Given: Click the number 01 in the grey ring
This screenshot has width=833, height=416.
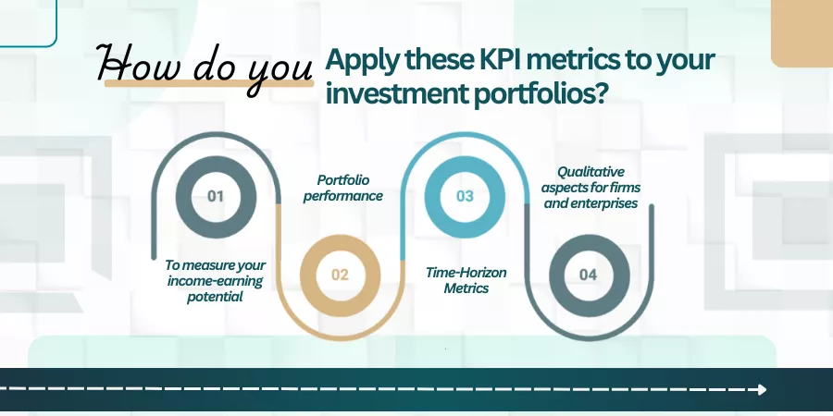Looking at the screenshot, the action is coord(215,196).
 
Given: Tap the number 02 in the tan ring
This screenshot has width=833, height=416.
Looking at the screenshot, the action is coord(340,275).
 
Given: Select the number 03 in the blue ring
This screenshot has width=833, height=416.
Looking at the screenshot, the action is coord(465,196).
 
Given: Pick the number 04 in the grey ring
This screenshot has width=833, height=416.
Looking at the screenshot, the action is coord(588,275).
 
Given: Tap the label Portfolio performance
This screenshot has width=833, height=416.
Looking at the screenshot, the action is coord(343,188).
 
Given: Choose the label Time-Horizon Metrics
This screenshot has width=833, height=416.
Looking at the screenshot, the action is coord(466,280).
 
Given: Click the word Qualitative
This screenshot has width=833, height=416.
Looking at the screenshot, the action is coord(591,173).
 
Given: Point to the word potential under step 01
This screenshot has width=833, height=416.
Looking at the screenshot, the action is coord(215,297).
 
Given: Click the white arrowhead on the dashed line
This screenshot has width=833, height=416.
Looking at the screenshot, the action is coord(762,389).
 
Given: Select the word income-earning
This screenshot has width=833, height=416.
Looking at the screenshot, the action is coord(215,281).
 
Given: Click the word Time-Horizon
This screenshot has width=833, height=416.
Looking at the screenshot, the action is coord(466,273).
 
